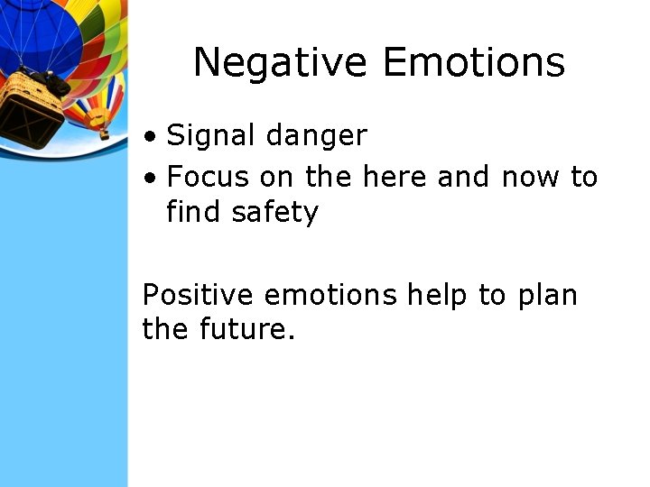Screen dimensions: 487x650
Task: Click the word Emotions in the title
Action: [x=473, y=63]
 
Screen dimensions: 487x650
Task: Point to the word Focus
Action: [x=209, y=177]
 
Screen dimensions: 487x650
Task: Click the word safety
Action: [x=275, y=213]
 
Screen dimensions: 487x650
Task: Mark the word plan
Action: [x=547, y=295]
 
